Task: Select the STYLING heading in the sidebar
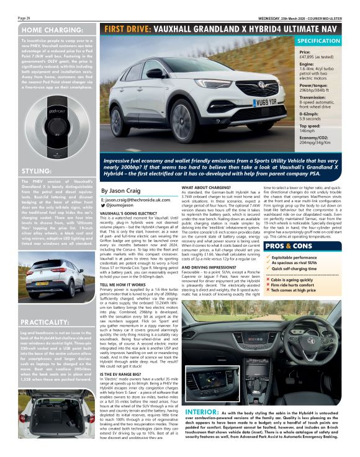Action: coord(32,171)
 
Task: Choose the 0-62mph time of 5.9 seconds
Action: coord(311,118)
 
